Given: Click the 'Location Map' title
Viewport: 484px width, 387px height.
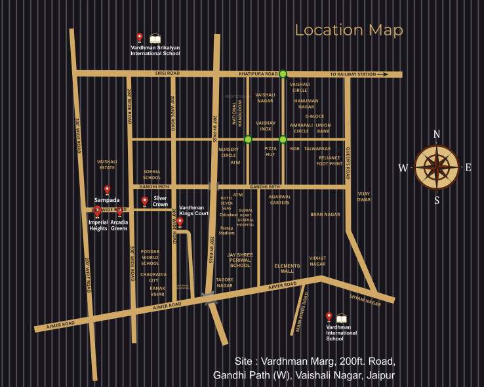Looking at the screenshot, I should pyautogui.click(x=348, y=30).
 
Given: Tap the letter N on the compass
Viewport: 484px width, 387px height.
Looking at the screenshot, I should pyautogui.click(x=437, y=134).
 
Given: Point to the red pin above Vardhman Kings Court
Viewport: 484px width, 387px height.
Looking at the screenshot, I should pyautogui.click(x=180, y=222).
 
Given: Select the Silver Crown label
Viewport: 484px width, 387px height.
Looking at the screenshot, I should pyautogui.click(x=161, y=201).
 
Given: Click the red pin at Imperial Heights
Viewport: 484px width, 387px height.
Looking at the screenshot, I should pyautogui.click(x=98, y=211).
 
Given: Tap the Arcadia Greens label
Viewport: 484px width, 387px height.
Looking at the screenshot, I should pyautogui.click(x=119, y=225).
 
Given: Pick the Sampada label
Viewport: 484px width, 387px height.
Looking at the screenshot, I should pyautogui.click(x=106, y=199).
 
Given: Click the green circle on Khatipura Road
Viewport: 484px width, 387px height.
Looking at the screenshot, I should pyautogui.click(x=283, y=74).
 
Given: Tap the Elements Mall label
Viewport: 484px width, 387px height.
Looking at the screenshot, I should pyautogui.click(x=287, y=268).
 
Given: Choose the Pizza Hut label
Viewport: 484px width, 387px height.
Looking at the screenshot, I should pyautogui.click(x=271, y=152).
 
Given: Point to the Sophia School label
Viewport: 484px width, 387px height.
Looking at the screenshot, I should pyautogui.click(x=151, y=174).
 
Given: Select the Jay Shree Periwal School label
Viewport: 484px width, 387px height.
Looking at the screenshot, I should pyautogui.click(x=239, y=260).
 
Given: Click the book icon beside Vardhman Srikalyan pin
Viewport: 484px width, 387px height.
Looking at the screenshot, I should pyautogui.click(x=155, y=38).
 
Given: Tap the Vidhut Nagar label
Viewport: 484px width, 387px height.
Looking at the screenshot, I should pyautogui.click(x=317, y=261).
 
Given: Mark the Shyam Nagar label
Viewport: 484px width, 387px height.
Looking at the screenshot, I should pyautogui.click(x=365, y=300).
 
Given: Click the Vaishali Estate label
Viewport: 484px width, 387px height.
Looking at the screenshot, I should pyautogui.click(x=106, y=164).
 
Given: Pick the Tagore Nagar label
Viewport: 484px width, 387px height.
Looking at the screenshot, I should pyautogui.click(x=225, y=283).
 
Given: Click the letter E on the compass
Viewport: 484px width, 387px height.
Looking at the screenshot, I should pyautogui.click(x=468, y=167).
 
